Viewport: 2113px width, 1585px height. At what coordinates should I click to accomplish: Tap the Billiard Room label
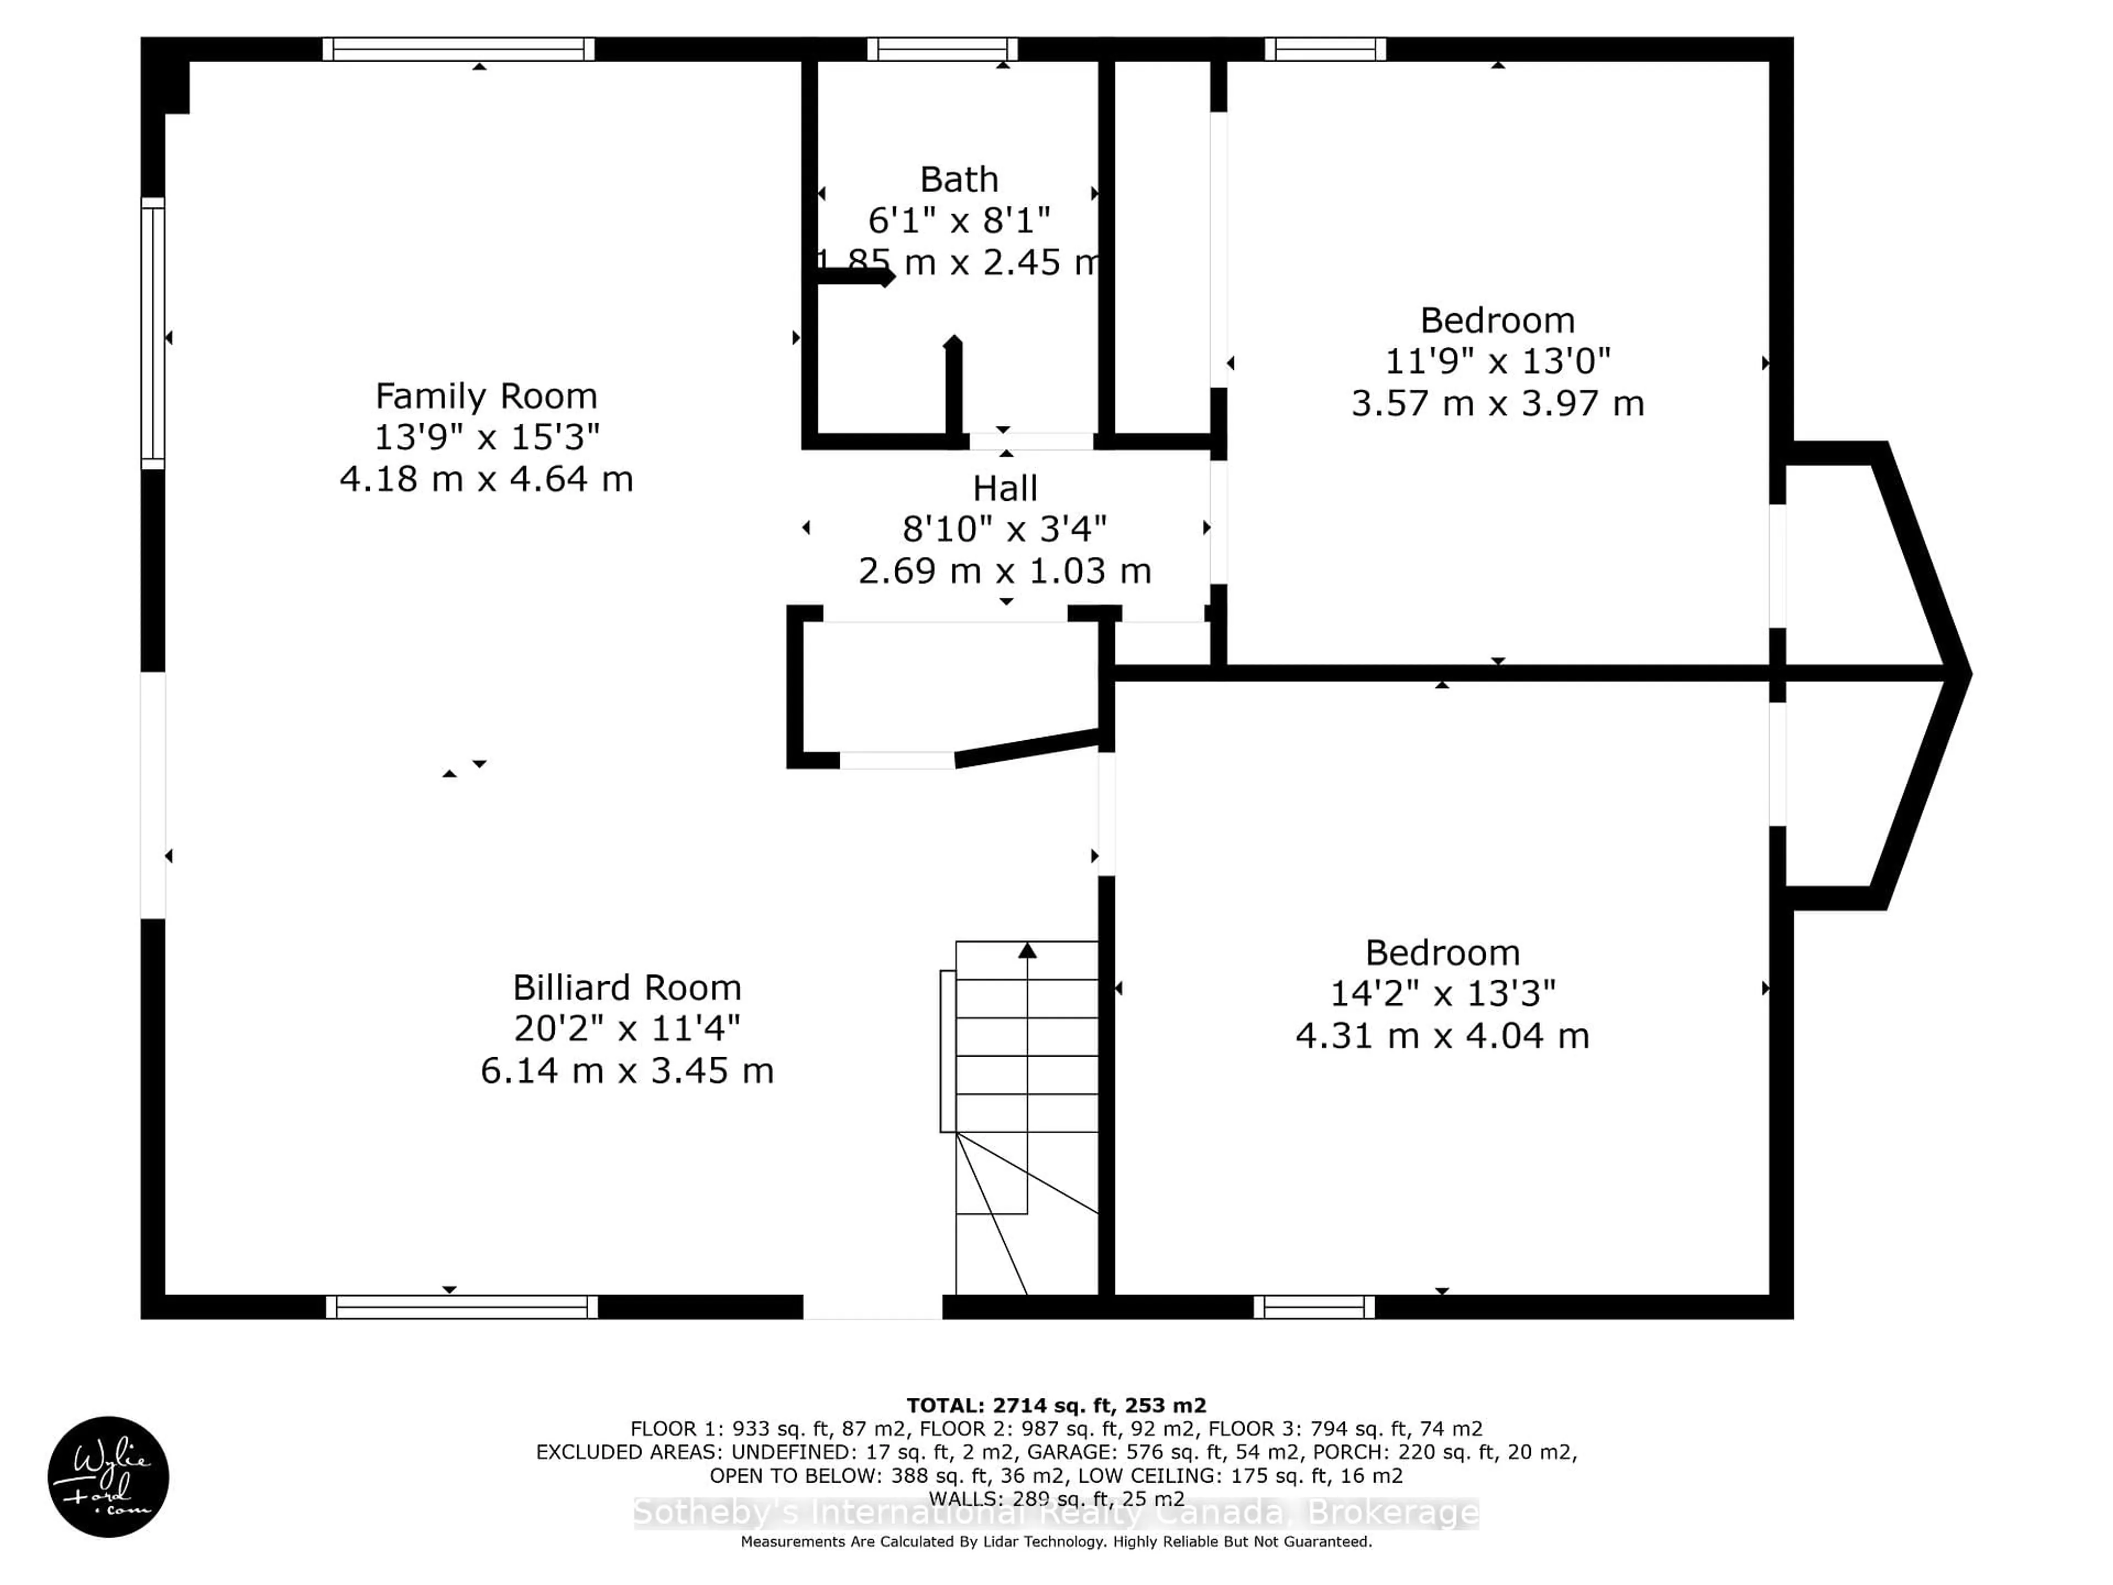tap(627, 987)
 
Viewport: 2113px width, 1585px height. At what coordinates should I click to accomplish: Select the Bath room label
tap(959, 179)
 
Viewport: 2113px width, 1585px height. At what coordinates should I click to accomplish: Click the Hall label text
tap(1005, 488)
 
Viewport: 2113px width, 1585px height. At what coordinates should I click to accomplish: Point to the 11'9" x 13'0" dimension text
tap(1497, 361)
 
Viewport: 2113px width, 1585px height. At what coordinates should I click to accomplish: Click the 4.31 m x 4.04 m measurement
tap(1442, 1036)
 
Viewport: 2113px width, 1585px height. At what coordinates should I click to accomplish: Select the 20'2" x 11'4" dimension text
tap(627, 1028)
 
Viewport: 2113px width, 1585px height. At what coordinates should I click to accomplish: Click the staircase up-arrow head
tap(1027, 950)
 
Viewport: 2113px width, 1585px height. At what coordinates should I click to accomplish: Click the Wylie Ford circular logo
tap(108, 1476)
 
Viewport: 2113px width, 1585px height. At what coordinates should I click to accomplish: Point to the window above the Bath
tap(942, 49)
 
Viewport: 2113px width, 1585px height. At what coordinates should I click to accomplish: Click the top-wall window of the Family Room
tap(458, 49)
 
